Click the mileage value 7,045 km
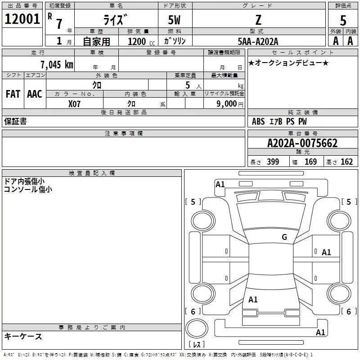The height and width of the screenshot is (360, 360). tap(57, 64)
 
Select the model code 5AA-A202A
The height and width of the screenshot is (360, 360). tap(258, 41)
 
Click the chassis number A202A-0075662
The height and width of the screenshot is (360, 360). tap(302, 143)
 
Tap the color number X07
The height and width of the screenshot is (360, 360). tap(75, 104)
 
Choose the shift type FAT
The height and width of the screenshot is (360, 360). tap(13, 94)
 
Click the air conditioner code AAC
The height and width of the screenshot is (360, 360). tap(35, 94)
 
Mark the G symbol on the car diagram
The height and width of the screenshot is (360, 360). tap(284, 237)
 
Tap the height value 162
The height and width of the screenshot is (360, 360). tap(346, 162)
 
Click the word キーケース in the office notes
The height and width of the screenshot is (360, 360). tap(23, 336)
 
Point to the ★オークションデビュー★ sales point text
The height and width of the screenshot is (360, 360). tap(288, 63)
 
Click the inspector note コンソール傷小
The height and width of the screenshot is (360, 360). tap(28, 189)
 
